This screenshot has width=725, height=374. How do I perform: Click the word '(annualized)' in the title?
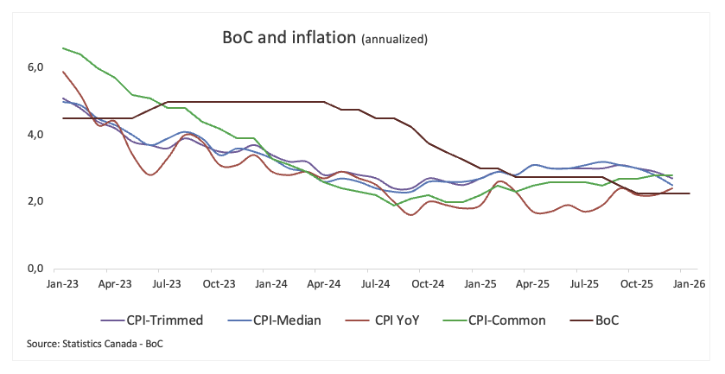pyautogui.click(x=394, y=39)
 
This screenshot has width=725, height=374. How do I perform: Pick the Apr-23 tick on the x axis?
pyautogui.click(x=114, y=283)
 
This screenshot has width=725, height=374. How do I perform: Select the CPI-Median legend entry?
pyautogui.click(x=273, y=320)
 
